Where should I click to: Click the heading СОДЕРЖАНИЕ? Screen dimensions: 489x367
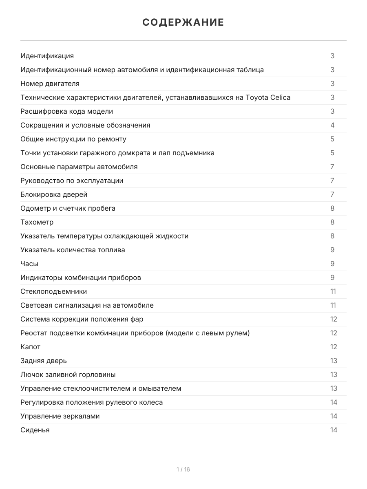[x=183, y=22]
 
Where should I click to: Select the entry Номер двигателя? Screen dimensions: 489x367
[x=50, y=84]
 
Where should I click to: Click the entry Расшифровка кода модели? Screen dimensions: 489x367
[x=66, y=111]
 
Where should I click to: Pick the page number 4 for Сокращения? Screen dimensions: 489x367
[x=332, y=125]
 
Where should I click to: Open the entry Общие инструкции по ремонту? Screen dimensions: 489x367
[x=73, y=139]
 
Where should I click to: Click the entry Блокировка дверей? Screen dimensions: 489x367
[x=54, y=194]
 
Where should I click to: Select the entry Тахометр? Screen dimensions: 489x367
[x=37, y=222]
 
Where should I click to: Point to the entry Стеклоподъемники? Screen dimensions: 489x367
[x=53, y=291]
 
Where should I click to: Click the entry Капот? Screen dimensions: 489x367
[x=31, y=347]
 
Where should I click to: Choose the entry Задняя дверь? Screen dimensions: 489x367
[x=44, y=361]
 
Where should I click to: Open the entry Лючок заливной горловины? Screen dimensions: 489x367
[x=68, y=374]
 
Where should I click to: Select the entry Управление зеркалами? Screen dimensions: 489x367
[x=60, y=416]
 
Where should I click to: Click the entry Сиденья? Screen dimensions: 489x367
[x=35, y=430]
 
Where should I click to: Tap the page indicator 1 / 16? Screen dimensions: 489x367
[x=183, y=469]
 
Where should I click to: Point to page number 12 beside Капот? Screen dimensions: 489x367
[x=334, y=347]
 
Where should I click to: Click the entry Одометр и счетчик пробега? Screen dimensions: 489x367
[x=68, y=208]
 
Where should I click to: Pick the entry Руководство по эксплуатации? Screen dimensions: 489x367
[x=72, y=181]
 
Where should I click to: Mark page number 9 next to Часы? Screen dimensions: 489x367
[x=332, y=264]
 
